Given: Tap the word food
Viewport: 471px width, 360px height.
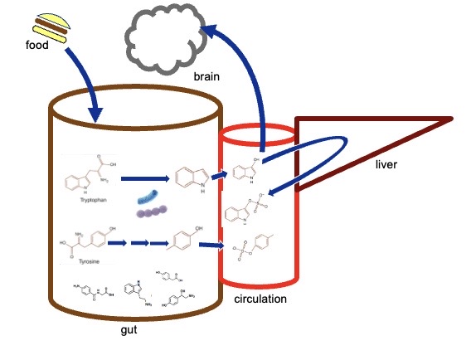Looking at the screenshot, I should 39,46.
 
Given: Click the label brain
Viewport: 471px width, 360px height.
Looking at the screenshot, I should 206,75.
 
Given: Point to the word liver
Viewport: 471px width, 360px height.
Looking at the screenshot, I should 386,165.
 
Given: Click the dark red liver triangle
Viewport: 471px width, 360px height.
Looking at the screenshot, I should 373,149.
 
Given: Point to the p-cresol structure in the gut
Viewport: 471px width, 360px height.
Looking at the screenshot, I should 190,241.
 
